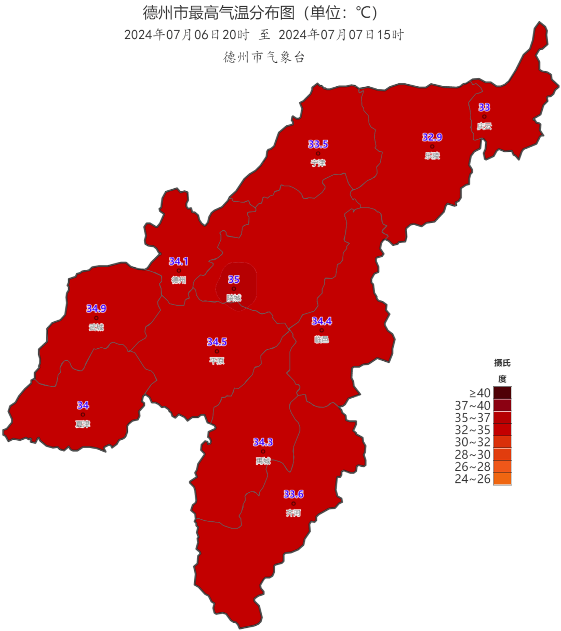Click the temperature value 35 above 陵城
point(234,280)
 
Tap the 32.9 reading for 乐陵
point(432,137)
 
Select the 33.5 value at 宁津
point(318,144)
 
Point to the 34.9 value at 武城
point(96,309)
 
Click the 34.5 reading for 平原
point(217,342)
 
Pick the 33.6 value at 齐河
point(293,494)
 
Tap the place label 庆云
point(484,126)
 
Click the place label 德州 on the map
point(179,280)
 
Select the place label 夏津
point(83,424)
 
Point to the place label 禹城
point(263,461)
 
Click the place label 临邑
point(322,339)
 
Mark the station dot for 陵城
point(234,289)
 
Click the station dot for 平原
point(217,351)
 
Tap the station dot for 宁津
point(318,154)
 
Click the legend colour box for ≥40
point(502,393)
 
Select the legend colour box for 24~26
point(502,479)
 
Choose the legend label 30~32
point(473,442)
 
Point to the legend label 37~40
point(473,405)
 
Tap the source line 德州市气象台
point(264,57)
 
